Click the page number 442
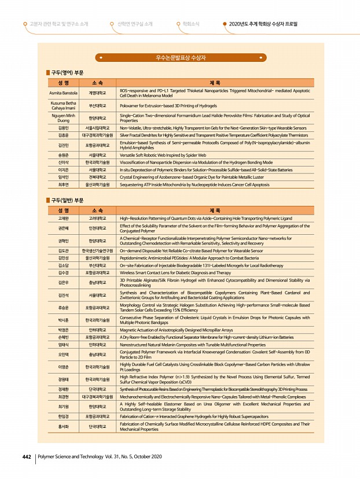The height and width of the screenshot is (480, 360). click(26, 457)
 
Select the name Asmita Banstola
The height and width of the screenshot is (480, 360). click(63, 93)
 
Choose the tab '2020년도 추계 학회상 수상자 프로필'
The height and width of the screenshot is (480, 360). click(263, 24)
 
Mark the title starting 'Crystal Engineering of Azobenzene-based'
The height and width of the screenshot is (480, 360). click(190, 177)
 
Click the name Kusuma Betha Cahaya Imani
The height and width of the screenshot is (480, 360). click(63, 106)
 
